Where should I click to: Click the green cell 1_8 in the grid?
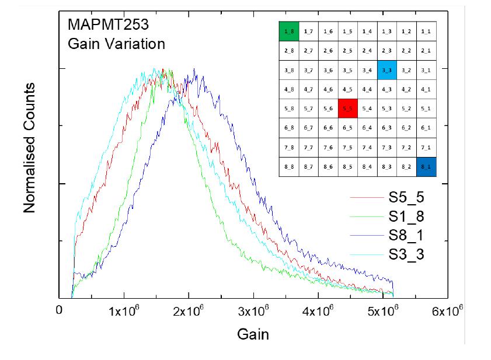[289, 31]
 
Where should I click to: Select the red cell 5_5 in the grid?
[347, 109]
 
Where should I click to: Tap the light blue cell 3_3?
[386, 70]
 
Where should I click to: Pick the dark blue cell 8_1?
[426, 167]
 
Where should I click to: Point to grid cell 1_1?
[426, 31]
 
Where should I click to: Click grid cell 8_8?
[289, 167]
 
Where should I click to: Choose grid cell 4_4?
[367, 89]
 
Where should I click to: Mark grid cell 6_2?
[406, 128]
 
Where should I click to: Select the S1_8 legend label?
[407, 217]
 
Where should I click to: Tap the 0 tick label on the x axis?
[59, 310]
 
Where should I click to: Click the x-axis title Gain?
[253, 334]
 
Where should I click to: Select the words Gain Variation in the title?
[116, 44]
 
